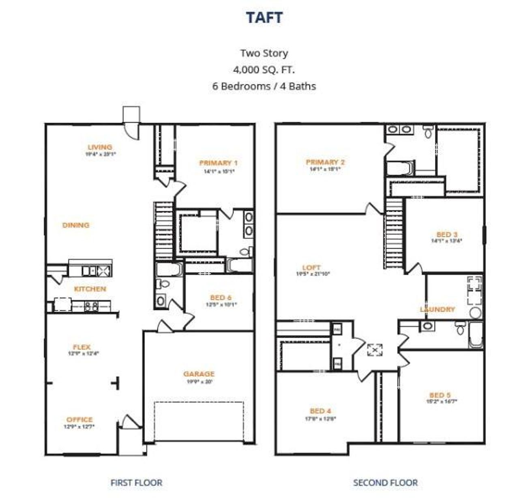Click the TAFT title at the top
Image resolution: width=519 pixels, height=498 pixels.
[x=264, y=17]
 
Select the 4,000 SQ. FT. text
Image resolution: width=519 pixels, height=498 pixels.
[x=264, y=70]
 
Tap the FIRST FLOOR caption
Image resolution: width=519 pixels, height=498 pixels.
[x=136, y=483]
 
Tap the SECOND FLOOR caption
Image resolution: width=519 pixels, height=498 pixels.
[x=385, y=483]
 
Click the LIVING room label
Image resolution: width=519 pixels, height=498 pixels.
[x=100, y=147]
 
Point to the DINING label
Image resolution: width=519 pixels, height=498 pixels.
[x=76, y=225]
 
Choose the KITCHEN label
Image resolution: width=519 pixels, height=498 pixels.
[x=90, y=289]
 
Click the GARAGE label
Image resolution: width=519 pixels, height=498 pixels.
[x=199, y=374]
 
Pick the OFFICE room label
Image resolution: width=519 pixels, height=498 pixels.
[x=79, y=419]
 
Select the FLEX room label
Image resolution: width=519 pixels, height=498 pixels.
[x=81, y=347]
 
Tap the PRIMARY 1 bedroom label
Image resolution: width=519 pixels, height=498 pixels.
[x=219, y=163]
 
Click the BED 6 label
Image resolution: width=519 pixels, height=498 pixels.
[x=221, y=298]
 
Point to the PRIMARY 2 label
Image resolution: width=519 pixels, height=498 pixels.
[x=325, y=162]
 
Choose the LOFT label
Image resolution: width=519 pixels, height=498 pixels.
[x=311, y=268]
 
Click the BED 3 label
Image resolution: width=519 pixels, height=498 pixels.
[x=447, y=234]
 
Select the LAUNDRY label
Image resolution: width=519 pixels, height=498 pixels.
[x=437, y=309]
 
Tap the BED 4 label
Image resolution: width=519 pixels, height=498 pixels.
[x=320, y=411]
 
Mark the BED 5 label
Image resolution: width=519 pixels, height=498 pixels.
[x=440, y=395]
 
